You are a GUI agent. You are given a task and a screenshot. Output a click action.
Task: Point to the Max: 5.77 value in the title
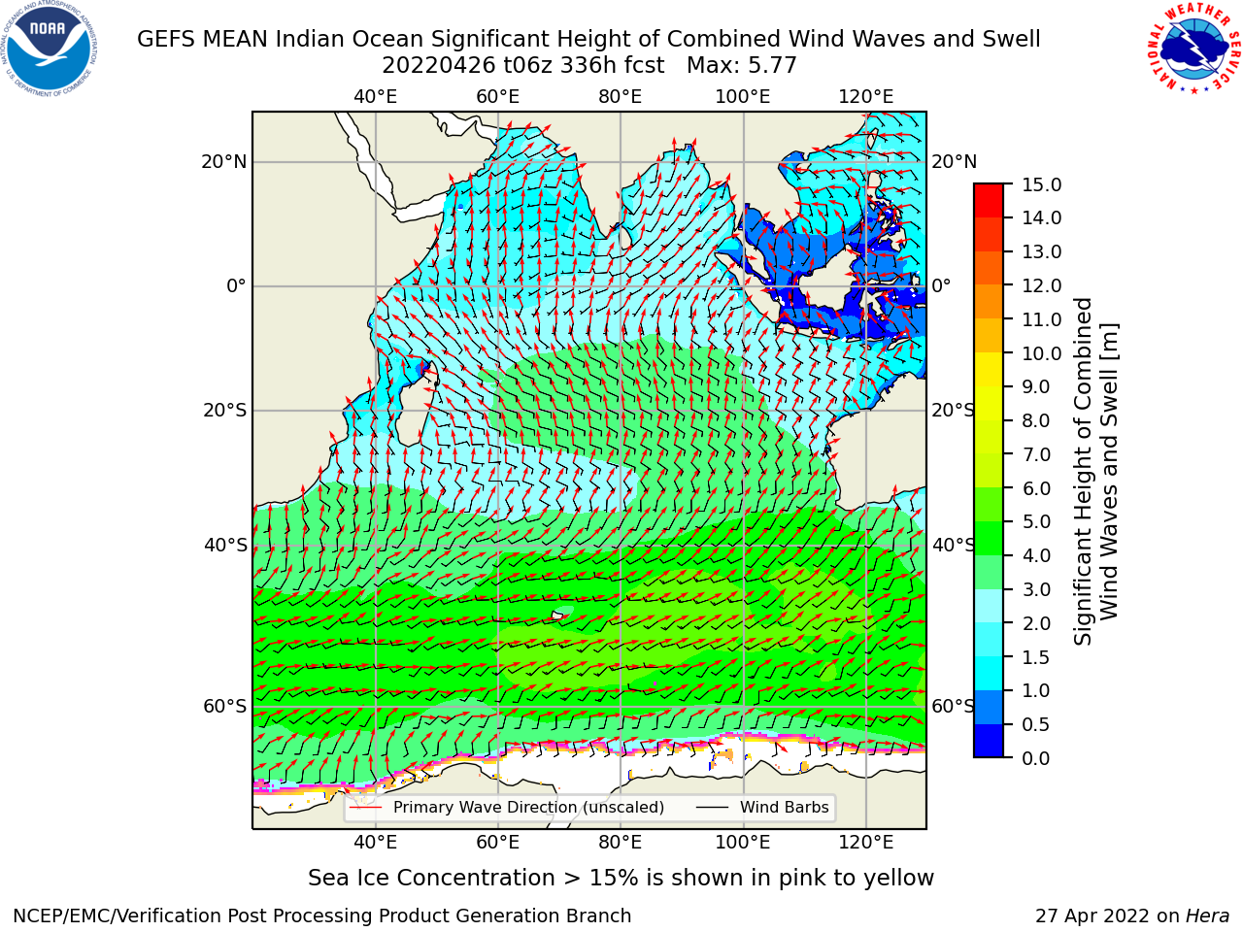pyautogui.click(x=742, y=66)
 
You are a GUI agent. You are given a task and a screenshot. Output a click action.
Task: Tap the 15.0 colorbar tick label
pyautogui.click(x=1041, y=184)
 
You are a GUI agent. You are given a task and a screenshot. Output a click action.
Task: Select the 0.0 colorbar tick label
pyautogui.click(x=1036, y=758)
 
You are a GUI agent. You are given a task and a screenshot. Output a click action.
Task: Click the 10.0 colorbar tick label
pyautogui.click(x=1041, y=353)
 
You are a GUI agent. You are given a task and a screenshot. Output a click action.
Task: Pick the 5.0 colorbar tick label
pyautogui.click(x=1036, y=521)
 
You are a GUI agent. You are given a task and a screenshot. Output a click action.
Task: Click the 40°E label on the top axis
pyautogui.click(x=376, y=97)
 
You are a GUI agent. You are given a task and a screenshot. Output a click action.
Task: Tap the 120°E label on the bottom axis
pyautogui.click(x=866, y=843)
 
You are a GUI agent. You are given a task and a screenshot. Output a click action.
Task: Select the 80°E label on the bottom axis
pyautogui.click(x=621, y=843)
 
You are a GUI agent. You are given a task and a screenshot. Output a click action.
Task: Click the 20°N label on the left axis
pyautogui.click(x=224, y=162)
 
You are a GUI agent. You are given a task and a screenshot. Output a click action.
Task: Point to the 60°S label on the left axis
pyautogui.click(x=225, y=706)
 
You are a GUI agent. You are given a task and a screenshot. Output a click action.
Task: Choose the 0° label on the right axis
pyautogui.click(x=941, y=285)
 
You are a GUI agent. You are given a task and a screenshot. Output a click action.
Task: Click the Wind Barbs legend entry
pyautogui.click(x=762, y=807)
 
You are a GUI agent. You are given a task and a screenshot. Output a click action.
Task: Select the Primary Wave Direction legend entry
pyautogui.click(x=507, y=807)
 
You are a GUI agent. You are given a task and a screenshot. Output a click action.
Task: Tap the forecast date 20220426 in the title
pyautogui.click(x=439, y=66)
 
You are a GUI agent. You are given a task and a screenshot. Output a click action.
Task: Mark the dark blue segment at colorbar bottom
pyautogui.click(x=989, y=741)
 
